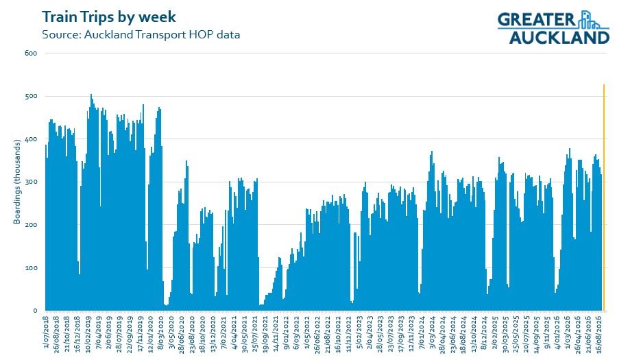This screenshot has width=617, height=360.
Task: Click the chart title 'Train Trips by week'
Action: click(x=109, y=17)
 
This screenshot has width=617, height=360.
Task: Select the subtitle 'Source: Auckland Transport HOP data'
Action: click(x=141, y=34)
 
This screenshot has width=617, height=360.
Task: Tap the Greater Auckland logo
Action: click(x=553, y=27)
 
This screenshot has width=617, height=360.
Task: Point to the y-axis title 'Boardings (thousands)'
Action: click(x=17, y=182)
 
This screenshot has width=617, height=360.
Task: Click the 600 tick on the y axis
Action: click(x=31, y=53)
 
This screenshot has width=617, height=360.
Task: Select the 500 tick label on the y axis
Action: click(x=31, y=96)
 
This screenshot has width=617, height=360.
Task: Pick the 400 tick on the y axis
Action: click(x=31, y=139)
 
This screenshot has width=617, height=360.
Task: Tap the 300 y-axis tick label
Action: click(x=31, y=182)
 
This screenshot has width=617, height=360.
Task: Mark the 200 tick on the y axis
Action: click(x=31, y=225)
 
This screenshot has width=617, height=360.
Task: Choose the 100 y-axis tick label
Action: click(x=31, y=268)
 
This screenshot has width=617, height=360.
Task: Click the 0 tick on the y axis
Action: click(x=35, y=311)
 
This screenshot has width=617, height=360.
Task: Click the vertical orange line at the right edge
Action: click(x=604, y=197)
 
